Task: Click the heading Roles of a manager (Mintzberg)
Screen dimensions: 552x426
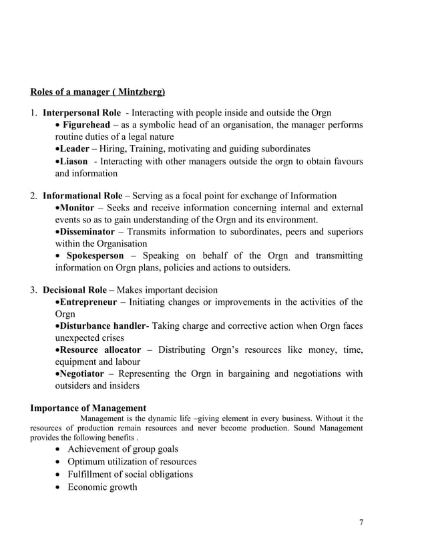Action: [x=97, y=90]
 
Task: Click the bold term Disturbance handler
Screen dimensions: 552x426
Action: [x=102, y=325]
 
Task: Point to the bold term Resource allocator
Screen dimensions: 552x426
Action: [x=100, y=350]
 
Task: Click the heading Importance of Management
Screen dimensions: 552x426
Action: [x=88, y=408]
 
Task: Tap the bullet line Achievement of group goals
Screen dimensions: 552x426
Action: [x=123, y=449]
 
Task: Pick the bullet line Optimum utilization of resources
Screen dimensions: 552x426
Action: [x=132, y=462]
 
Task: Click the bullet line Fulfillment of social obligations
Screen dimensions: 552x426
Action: [x=130, y=474]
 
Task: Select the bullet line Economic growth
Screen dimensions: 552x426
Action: [x=102, y=487]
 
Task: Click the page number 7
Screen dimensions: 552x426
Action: [x=361, y=523]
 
